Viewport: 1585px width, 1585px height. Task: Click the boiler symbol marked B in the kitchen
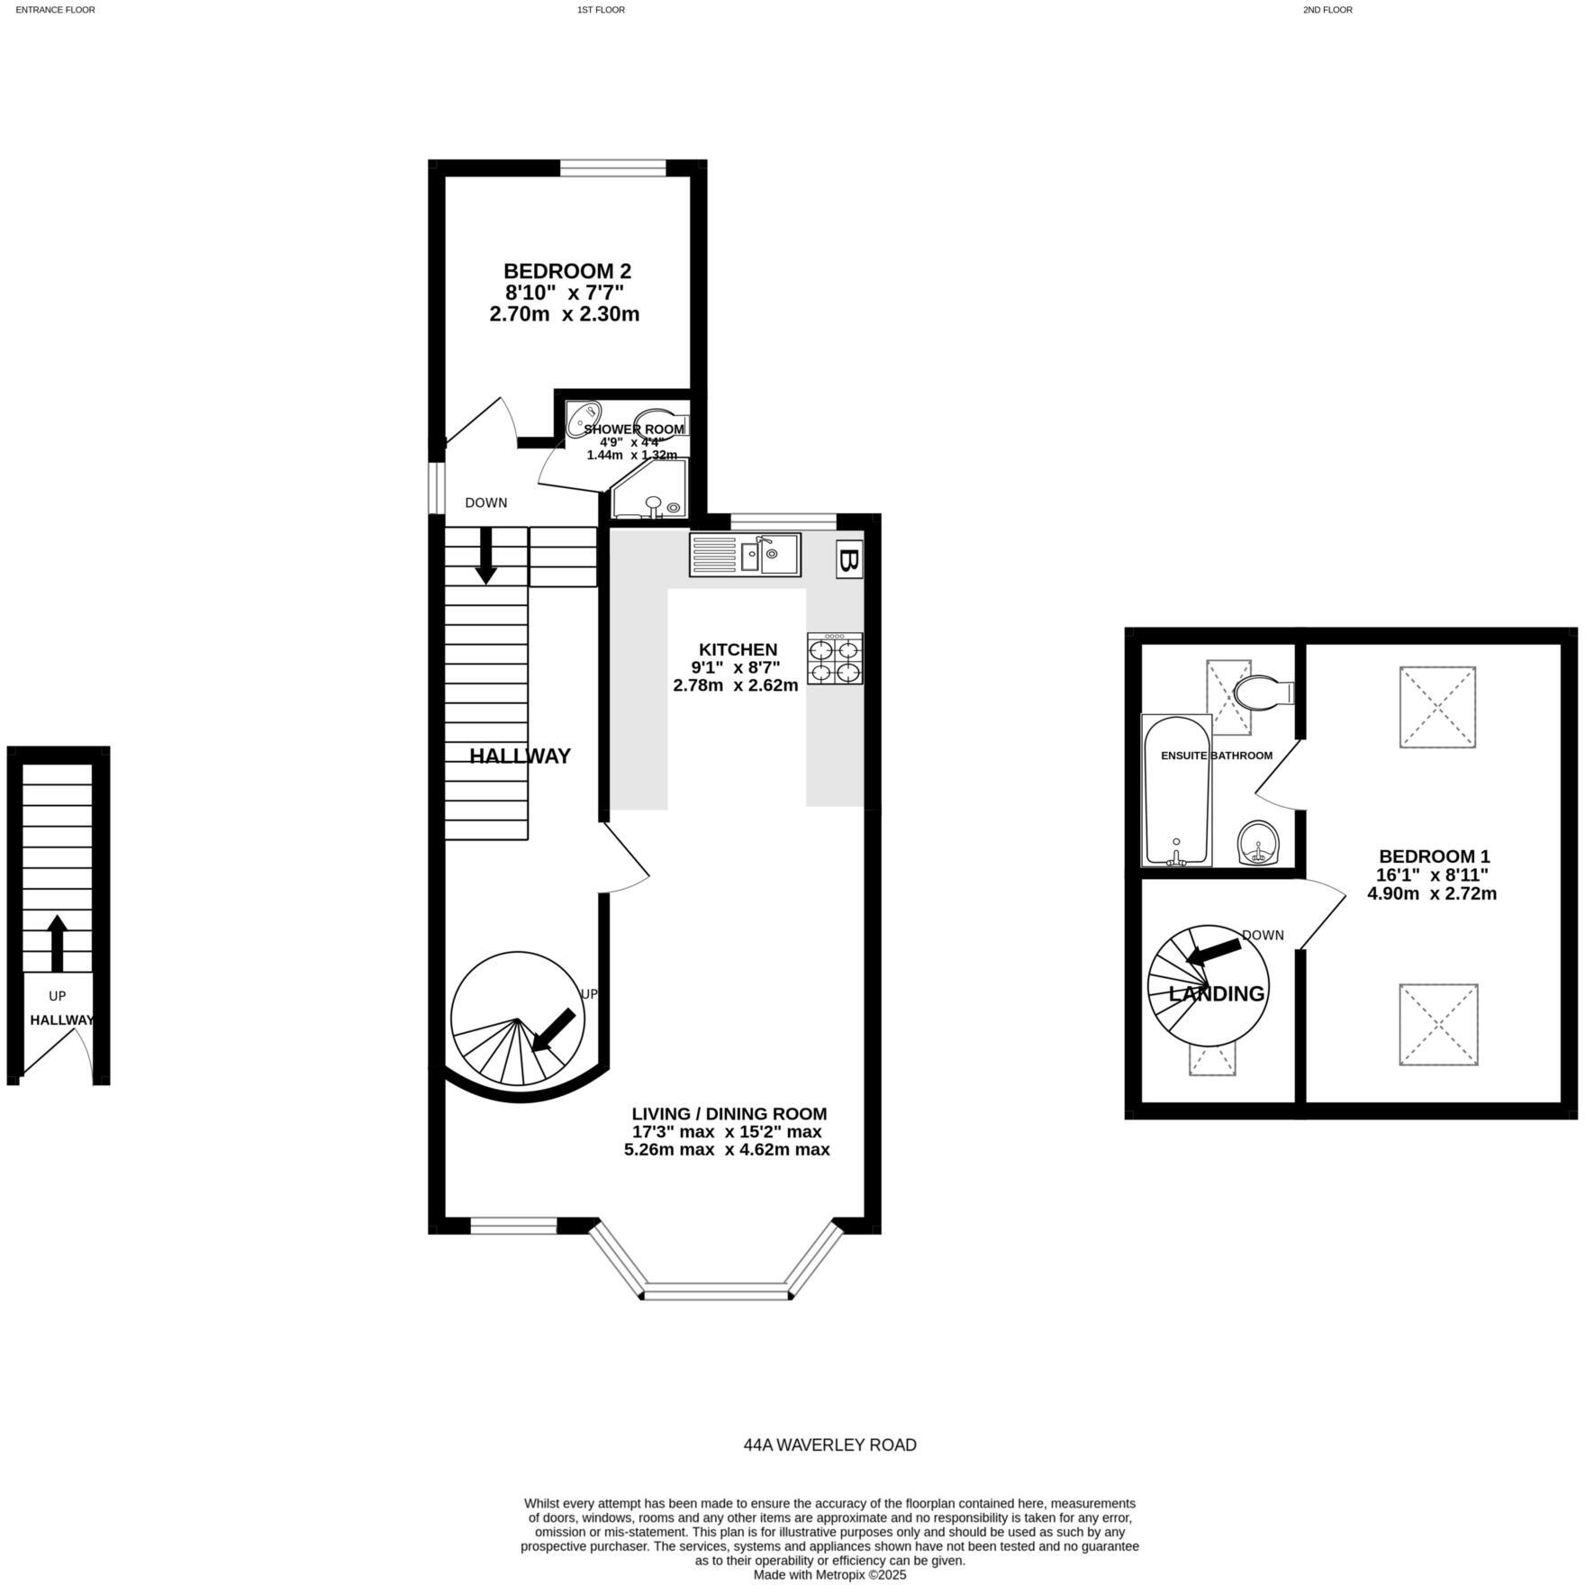coord(848,559)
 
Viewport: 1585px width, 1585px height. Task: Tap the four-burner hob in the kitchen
coord(835,659)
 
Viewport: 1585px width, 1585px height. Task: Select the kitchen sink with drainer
coord(745,555)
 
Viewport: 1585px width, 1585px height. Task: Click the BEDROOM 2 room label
coord(566,271)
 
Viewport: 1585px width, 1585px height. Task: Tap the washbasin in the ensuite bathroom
coord(1259,842)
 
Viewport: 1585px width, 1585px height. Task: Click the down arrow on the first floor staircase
coord(486,555)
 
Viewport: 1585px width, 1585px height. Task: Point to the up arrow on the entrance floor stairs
coord(58,942)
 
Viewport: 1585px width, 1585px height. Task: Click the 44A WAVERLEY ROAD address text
coord(829,1445)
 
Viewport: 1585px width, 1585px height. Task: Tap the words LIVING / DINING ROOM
coord(729,1114)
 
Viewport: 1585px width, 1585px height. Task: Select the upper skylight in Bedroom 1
coord(1437,707)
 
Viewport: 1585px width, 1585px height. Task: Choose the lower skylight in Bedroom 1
coord(1438,1025)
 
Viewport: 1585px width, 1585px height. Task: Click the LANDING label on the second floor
coord(1216,993)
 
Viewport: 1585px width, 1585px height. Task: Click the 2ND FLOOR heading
coord(1327,10)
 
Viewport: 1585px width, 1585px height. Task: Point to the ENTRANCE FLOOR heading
coord(55,10)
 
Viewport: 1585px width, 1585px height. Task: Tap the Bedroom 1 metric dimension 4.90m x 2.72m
coord(1432,893)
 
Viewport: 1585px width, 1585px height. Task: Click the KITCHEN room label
coord(738,649)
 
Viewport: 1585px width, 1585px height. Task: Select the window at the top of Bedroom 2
coord(613,168)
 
